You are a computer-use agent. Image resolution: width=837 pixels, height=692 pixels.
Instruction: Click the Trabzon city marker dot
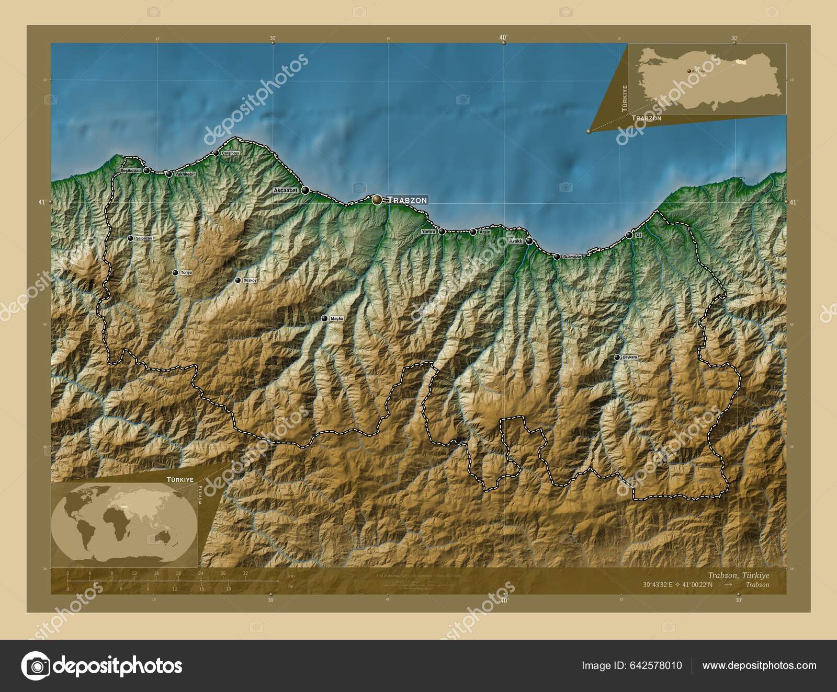pos(377,200)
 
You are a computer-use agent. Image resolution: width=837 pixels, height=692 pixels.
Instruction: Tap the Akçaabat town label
pos(286,191)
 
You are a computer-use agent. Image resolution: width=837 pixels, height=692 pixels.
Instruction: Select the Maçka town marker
pos(324,318)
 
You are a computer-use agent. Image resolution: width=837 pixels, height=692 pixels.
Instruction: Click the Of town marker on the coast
pos(629,235)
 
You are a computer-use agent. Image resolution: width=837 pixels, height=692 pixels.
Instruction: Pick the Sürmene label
pos(571,257)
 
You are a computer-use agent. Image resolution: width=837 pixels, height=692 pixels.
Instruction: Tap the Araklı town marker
pos(530,241)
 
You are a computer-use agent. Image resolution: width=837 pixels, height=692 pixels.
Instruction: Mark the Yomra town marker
pos(442,232)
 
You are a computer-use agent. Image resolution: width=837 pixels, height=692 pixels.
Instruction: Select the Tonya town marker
pos(175,272)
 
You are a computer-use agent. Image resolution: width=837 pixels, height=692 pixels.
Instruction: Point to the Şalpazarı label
pos(144,238)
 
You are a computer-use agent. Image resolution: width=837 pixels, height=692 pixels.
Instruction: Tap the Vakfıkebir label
pos(185,174)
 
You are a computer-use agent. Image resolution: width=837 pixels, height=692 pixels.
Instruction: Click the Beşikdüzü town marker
pos(147,170)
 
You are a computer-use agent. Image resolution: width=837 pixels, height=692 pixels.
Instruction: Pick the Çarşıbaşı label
pos(230,153)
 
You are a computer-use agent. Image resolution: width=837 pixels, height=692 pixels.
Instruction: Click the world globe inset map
pos(125,524)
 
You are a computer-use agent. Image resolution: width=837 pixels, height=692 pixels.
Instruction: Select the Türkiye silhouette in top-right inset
pos(711,78)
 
